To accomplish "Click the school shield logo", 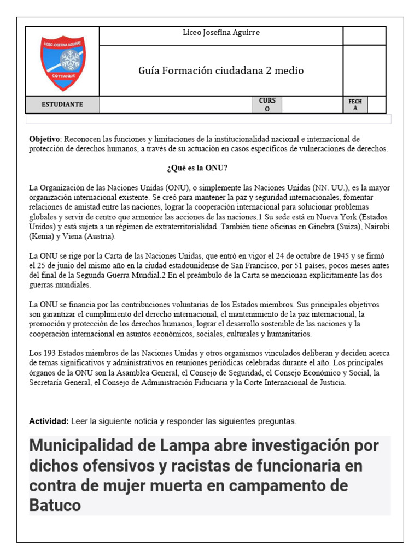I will coord(62,63).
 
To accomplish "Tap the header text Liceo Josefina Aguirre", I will coord(221,33).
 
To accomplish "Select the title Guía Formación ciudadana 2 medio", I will coord(221,70).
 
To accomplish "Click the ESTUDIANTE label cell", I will coord(62,104).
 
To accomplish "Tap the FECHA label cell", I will coord(355,104).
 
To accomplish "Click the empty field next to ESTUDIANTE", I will coord(175,104).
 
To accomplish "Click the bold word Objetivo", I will coord(43,139).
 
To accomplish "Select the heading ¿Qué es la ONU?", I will coord(193,168).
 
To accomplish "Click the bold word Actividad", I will coord(49,421).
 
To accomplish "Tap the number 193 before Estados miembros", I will coord(50,353).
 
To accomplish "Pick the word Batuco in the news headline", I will coord(55,506).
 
